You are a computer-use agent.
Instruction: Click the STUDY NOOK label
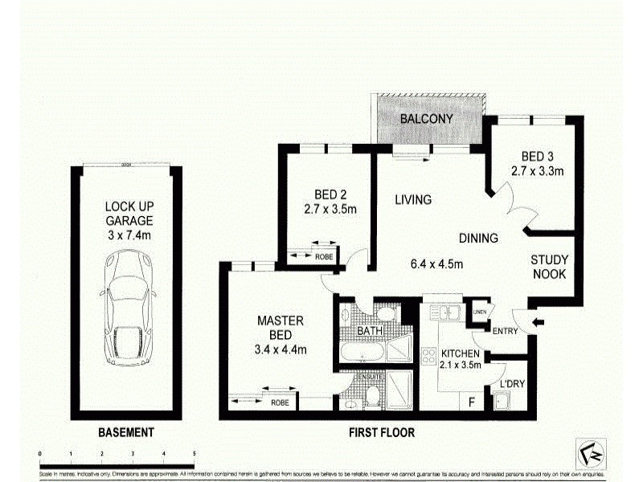(549, 267)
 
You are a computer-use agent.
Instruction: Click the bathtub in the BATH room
(361, 353)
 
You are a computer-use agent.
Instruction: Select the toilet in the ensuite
(371, 395)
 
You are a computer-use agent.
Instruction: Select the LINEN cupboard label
(480, 312)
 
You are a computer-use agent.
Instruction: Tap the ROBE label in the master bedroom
(280, 402)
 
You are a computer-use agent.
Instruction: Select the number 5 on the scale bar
(194, 454)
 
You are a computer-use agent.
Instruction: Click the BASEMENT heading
(125, 432)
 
